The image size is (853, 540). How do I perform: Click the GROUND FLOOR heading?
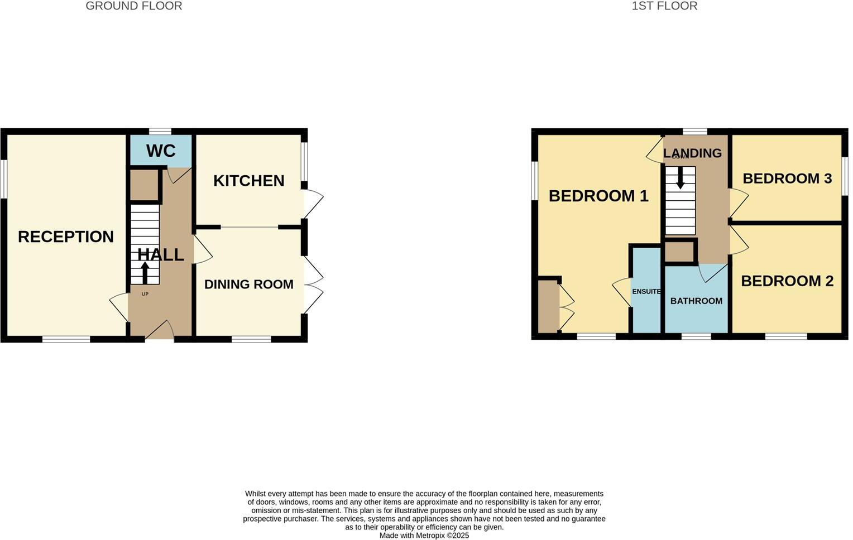point(133,6)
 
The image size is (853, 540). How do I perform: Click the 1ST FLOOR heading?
point(664,6)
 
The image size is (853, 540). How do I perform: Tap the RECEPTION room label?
point(66,237)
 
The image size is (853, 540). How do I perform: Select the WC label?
point(161,151)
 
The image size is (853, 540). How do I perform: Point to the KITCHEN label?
point(249,181)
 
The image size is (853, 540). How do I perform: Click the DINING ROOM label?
point(249,285)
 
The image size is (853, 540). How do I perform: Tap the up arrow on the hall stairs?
point(145,273)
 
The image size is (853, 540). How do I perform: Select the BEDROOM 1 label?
point(598,196)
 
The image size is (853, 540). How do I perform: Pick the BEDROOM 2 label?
point(787,281)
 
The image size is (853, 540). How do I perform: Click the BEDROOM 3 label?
point(787,179)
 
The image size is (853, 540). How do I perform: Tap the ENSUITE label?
point(646,292)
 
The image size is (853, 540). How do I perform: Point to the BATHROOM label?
point(696,301)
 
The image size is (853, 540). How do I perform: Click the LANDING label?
point(692,153)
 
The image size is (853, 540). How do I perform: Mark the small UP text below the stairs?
point(145,294)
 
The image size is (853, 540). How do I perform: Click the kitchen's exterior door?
point(313,204)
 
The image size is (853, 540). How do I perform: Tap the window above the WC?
point(160,131)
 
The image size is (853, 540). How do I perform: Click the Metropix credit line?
point(424,536)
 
